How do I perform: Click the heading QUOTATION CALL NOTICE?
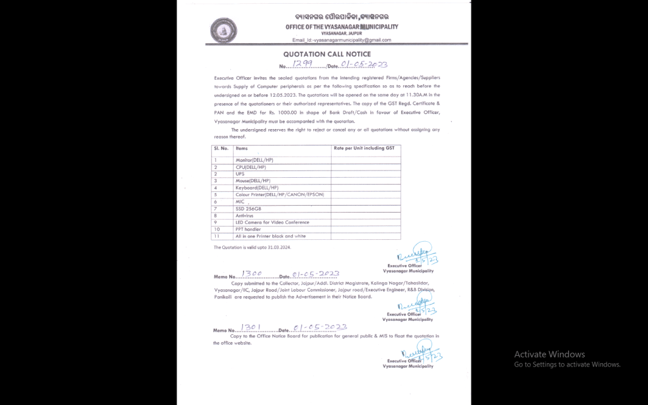tap(327, 54)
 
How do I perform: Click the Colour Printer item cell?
tap(279, 194)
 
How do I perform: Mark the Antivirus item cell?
tap(244, 215)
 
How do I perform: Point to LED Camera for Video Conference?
tap(272, 222)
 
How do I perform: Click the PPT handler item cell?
tap(249, 229)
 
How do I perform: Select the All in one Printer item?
tap(270, 236)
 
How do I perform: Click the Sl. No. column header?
tap(220, 147)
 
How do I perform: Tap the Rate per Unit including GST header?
tap(363, 147)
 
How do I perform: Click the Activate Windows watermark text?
tap(549, 354)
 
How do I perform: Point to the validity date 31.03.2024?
tap(273, 247)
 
